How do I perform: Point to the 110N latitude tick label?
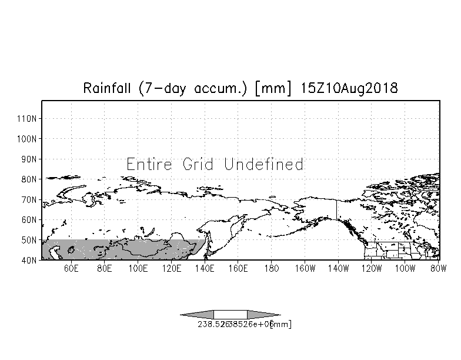[x=28, y=119]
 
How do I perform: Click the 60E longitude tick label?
[x=71, y=270]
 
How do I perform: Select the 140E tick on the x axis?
[x=205, y=270]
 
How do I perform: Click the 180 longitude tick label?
[x=271, y=270]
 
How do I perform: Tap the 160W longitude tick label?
[x=305, y=270]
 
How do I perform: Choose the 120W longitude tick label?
[x=372, y=270]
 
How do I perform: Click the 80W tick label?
[x=437, y=270]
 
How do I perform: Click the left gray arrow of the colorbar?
[x=198, y=314]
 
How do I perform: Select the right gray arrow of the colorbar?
[x=263, y=314]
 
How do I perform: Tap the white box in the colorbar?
[x=230, y=314]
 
